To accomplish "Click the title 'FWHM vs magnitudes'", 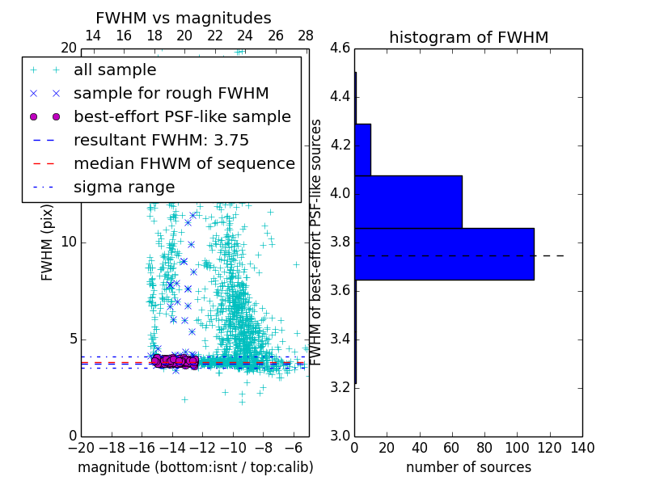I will (184, 19).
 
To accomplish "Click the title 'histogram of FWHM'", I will (468, 37).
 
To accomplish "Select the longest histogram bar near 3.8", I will (444, 254).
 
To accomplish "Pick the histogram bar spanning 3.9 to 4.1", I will (408, 202).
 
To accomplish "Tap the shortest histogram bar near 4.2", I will (362, 150).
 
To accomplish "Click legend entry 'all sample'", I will (115, 70).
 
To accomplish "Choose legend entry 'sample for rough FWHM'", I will (171, 93).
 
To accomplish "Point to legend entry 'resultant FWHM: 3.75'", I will (161, 140).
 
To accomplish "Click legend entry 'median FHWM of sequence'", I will (184, 163).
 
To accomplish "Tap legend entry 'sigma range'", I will (124, 187).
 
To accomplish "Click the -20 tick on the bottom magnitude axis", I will (81, 447).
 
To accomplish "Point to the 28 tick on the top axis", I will (306, 36).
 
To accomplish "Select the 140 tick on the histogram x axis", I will (581, 447).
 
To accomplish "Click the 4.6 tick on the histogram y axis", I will (340, 48).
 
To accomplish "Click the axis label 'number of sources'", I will (468, 467).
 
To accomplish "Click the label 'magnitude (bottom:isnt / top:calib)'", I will (195, 467).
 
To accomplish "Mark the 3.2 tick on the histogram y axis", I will (340, 387).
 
